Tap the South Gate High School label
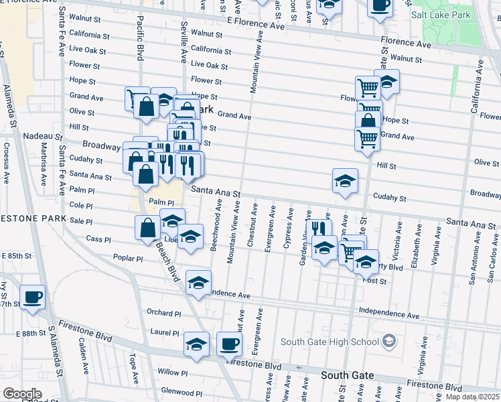tap(330, 342)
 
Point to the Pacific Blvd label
tap(141, 38)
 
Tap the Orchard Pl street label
tap(164, 313)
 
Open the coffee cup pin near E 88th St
tap(32, 297)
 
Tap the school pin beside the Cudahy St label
tap(345, 181)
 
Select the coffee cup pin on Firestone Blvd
tap(229, 344)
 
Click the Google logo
tap(21, 394)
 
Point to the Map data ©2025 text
tap(472, 397)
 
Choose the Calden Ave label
tap(83, 355)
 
